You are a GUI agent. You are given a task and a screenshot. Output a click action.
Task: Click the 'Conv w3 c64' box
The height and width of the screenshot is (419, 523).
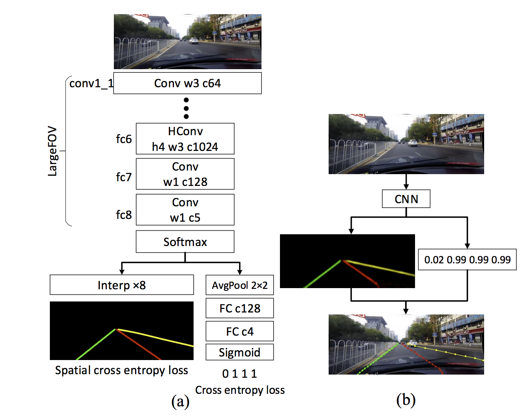point(187,83)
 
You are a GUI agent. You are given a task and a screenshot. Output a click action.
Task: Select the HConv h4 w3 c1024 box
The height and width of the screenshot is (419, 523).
point(185,139)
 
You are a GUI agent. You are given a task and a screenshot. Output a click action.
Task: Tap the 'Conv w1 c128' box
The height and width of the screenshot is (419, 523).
point(185,174)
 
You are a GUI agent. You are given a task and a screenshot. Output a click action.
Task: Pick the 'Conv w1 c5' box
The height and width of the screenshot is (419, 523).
point(185,209)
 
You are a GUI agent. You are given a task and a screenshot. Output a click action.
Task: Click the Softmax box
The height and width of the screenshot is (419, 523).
point(185,242)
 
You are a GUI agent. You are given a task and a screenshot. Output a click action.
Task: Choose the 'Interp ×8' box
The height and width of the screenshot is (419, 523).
point(122,285)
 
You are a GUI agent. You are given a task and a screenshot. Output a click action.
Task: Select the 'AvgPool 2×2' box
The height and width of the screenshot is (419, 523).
point(240,285)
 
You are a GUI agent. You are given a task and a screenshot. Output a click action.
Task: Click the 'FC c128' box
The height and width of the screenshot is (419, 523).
point(240,308)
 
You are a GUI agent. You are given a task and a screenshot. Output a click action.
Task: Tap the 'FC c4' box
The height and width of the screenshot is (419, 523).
point(240,331)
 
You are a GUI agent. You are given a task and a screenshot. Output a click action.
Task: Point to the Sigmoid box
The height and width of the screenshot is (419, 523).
point(240,352)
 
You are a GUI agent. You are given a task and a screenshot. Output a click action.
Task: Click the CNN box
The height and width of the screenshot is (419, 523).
point(406,199)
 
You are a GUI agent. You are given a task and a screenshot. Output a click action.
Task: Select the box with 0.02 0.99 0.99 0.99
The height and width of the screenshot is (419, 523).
point(467,259)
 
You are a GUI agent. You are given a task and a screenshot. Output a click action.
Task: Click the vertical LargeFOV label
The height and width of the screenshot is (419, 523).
point(52,151)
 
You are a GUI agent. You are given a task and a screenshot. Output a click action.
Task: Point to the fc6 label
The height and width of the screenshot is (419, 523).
point(124,139)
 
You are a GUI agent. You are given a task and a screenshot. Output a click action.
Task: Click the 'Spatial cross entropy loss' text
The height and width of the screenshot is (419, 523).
point(121,370)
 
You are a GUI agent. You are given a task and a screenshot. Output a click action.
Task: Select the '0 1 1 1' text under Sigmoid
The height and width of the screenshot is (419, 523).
point(240,373)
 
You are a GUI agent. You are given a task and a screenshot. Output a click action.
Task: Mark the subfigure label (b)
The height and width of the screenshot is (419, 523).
point(406,400)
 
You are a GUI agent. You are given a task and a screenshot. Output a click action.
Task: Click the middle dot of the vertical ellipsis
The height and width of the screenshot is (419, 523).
point(186,108)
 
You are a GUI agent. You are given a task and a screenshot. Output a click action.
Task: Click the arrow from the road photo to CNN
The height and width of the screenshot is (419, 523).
point(406,182)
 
